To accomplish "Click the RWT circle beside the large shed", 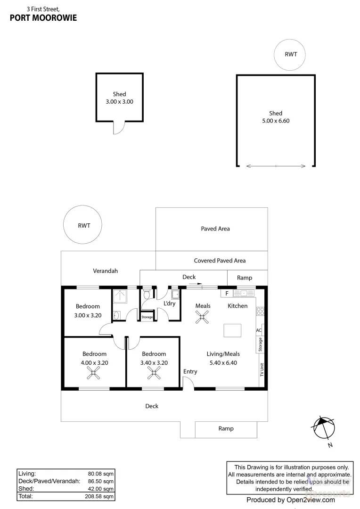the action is [x=290, y=40].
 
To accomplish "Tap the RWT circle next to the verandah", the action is [x=82, y=206].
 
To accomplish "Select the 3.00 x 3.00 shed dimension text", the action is [x=120, y=102].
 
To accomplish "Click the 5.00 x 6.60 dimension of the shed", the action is [x=276, y=121].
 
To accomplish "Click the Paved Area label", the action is [x=215, y=229].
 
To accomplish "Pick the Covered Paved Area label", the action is [x=220, y=260].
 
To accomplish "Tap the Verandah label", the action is [x=105, y=271].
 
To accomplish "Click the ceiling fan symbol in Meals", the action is [x=202, y=317].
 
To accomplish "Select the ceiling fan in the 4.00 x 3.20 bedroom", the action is [x=93, y=373].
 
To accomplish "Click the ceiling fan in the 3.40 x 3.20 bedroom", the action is [x=154, y=373].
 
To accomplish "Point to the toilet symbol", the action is [x=147, y=293].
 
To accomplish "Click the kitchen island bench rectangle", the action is [x=232, y=330].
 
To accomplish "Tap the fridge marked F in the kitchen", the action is [x=227, y=293].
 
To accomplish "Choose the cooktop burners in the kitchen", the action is [x=261, y=311].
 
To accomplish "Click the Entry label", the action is [x=190, y=372].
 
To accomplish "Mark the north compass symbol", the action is [x=323, y=428].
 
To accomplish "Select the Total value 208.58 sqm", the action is [x=99, y=496].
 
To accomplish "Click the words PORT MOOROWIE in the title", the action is [x=43, y=18].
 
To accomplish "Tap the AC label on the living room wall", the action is [x=259, y=330].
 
